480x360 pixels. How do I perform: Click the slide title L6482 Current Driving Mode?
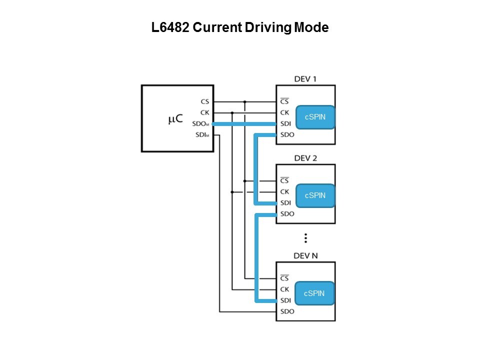240,28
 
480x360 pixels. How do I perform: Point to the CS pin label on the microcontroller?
204,101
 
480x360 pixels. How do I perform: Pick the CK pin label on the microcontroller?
204,112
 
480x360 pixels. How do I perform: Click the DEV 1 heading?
305,79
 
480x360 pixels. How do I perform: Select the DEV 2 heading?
305,158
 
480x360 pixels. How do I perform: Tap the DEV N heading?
305,256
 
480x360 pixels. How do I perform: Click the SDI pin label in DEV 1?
285,124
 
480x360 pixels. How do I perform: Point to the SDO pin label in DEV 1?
287,135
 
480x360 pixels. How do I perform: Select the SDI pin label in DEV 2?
285,203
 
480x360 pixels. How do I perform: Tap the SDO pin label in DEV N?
287,311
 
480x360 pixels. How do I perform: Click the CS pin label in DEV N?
284,278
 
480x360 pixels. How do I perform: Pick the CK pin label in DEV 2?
284,192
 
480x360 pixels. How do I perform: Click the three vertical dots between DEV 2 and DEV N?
305,237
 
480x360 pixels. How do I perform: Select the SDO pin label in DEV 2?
287,214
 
